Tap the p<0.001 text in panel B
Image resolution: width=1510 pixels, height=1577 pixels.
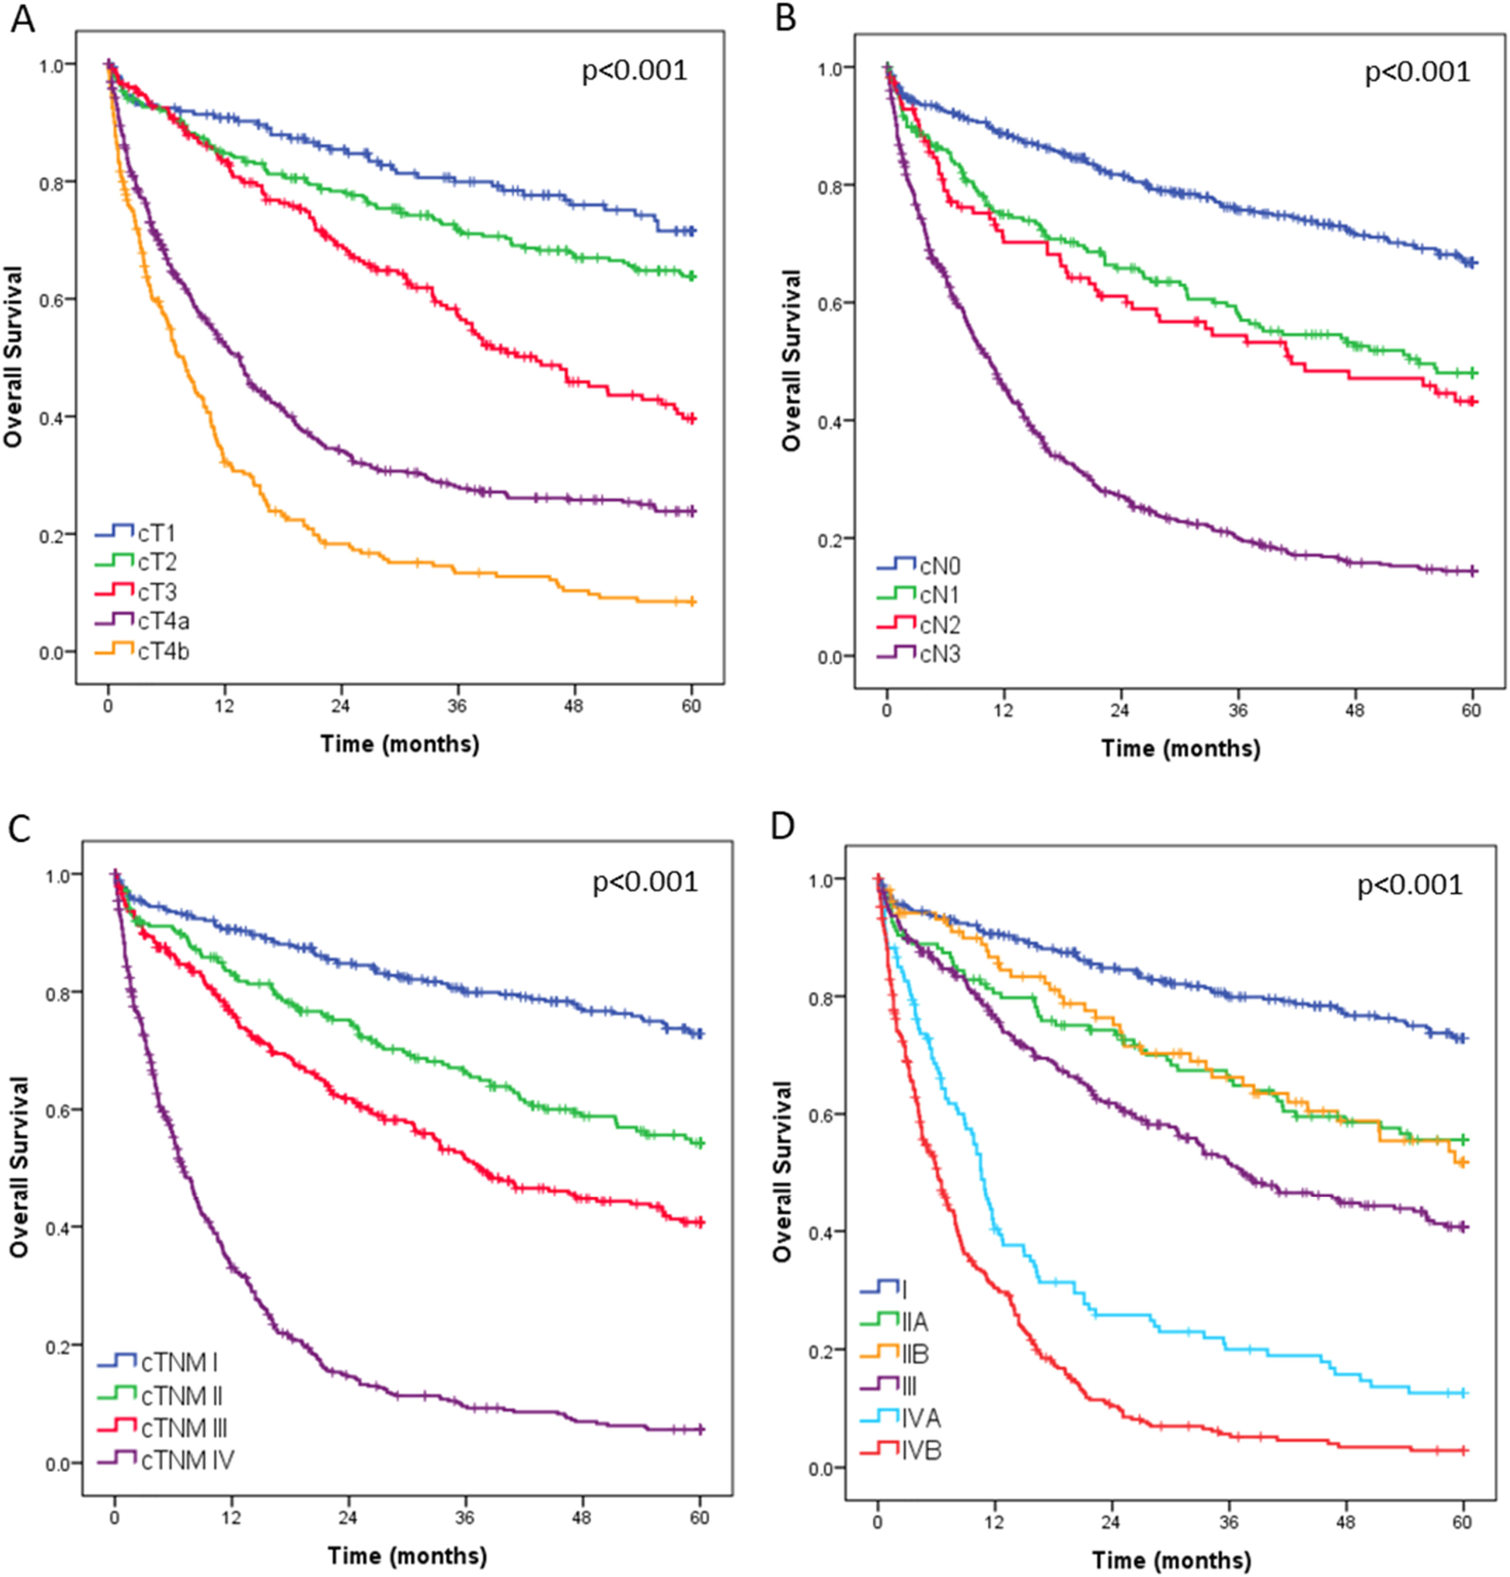[x=1417, y=73]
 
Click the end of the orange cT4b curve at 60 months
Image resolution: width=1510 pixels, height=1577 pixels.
[x=691, y=602]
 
